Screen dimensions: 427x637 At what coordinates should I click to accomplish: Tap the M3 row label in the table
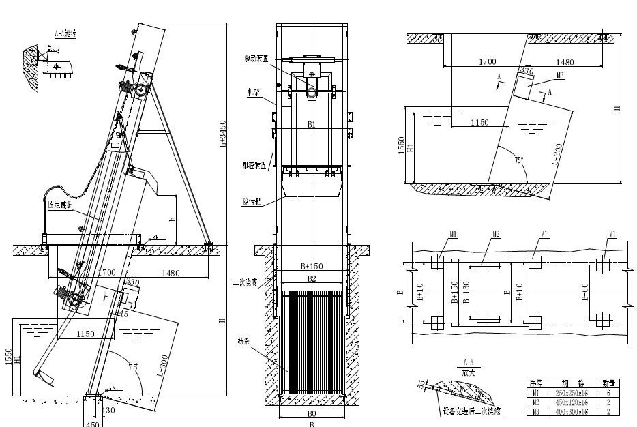point(535,411)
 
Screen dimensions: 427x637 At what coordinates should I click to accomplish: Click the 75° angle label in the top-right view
point(520,160)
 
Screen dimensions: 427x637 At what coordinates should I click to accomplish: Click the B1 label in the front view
point(312,125)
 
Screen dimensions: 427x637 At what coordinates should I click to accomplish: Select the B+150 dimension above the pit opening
point(312,266)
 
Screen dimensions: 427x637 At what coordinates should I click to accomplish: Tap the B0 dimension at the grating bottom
point(311,413)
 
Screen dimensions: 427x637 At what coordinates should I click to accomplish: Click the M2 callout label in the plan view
point(497,235)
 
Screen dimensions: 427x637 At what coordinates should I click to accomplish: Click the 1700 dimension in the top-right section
point(486,62)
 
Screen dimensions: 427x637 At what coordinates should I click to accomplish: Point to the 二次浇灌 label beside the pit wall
point(243,280)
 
